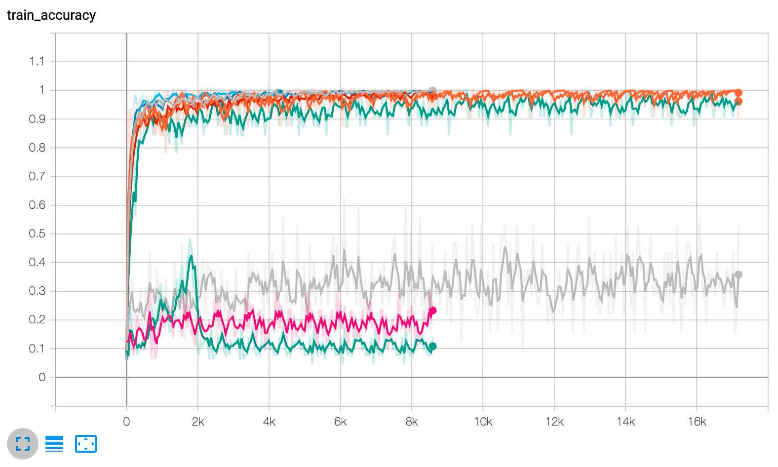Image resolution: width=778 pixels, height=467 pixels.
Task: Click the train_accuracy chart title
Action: coord(51,15)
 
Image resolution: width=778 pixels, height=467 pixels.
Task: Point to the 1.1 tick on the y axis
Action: coord(37,62)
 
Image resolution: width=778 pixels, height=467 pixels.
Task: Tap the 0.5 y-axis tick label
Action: coord(37,233)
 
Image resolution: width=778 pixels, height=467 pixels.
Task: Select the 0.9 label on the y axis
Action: coord(37,119)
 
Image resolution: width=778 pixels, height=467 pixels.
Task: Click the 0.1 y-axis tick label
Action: coord(37,349)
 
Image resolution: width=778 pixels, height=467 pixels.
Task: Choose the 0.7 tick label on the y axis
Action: coord(37,176)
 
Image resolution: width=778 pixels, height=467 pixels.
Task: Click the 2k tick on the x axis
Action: coord(197,422)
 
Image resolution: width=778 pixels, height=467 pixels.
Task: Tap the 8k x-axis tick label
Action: coord(412,422)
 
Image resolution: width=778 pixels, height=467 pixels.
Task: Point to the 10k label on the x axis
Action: coord(483,422)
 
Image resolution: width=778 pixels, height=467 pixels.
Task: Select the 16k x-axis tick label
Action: coord(697,422)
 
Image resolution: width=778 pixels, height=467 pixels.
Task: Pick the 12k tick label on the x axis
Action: coord(554,422)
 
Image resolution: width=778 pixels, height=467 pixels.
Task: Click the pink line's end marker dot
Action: coord(433,311)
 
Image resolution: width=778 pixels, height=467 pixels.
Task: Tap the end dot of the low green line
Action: coord(433,346)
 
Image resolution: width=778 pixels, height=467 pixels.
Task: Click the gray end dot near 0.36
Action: coord(739,274)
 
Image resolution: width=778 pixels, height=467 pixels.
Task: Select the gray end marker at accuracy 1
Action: coord(433,91)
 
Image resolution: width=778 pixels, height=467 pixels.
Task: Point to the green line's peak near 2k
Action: coord(191,256)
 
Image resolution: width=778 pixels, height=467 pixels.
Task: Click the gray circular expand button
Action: coord(23,444)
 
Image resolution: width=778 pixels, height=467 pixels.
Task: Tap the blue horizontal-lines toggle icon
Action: coord(54,444)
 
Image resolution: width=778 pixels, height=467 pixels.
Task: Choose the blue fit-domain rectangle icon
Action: coord(86,444)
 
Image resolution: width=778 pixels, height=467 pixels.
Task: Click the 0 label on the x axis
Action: coord(126,422)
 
